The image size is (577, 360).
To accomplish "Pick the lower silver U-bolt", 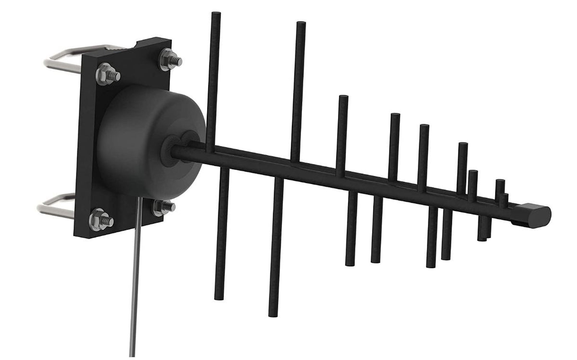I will [x=55, y=207].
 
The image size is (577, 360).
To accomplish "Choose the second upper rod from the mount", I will [x=299, y=87].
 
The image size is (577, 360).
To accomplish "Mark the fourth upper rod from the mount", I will [x=394, y=144].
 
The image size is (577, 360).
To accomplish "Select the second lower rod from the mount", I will [x=276, y=245].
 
